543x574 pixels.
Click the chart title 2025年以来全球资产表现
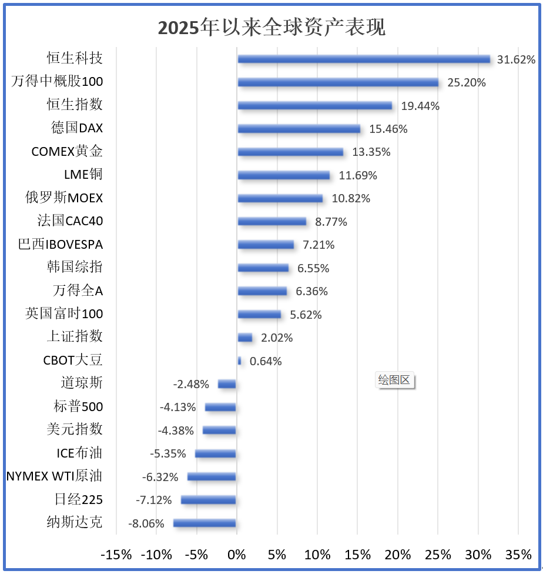point(271,27)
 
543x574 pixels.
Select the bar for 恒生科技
point(364,59)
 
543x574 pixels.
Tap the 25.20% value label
point(467,83)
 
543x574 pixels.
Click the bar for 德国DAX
point(299,129)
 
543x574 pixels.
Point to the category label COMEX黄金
point(67,152)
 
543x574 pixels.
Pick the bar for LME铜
point(283,175)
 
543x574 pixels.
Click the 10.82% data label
point(351,199)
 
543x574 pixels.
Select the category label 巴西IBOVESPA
point(61,245)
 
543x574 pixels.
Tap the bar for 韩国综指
point(263,268)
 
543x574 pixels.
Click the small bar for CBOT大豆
point(239,361)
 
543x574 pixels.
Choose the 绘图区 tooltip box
point(394,380)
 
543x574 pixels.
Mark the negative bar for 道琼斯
point(227,384)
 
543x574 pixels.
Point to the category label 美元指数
point(75,430)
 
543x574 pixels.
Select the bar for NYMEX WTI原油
point(212,477)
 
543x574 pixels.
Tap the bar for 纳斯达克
point(205,523)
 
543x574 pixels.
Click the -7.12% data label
point(154,500)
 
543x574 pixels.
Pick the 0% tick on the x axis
point(236,555)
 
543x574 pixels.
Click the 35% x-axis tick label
point(518,555)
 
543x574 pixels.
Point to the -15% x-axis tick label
point(116,555)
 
